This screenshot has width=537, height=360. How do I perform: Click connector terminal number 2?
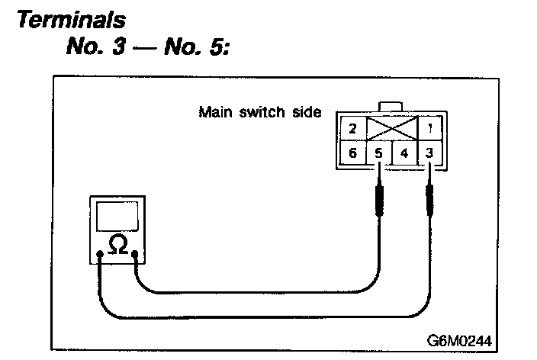tap(352, 127)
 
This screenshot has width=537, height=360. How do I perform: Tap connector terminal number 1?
tap(432, 127)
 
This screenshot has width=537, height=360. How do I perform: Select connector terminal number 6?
tap(352, 153)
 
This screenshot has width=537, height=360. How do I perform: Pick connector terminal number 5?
tap(379, 153)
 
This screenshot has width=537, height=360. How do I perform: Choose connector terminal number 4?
tap(405, 153)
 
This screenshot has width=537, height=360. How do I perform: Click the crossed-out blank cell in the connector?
tap(392, 127)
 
